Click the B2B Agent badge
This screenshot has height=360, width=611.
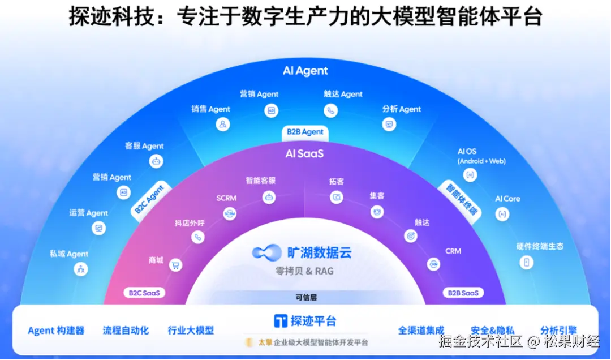tap(305, 132)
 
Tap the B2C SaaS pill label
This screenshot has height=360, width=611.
tap(144, 293)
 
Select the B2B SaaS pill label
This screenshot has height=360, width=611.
tap(463, 293)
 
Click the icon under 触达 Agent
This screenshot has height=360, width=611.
tap(330, 110)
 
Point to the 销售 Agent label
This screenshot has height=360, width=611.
tap(210, 109)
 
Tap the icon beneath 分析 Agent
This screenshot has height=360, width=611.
tap(389, 124)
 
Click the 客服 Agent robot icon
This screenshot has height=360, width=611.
tap(156, 161)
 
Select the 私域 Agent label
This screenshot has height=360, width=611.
tap(69, 254)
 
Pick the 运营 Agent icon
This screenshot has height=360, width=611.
tap(99, 228)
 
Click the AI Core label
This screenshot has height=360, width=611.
tap(507, 199)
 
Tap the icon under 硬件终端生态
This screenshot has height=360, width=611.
tap(527, 262)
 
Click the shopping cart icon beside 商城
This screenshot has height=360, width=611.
tap(176, 264)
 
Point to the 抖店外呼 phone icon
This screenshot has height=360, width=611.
tap(197, 237)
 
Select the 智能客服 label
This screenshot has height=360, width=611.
tap(261, 181)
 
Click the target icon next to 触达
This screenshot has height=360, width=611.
tap(410, 236)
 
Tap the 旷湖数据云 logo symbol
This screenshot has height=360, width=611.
tap(266, 252)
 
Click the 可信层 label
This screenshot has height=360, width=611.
tap(305, 297)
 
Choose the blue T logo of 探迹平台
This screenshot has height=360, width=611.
tap(280, 321)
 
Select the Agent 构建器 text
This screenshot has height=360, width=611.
tap(56, 331)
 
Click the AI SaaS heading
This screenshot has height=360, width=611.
tap(304, 153)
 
